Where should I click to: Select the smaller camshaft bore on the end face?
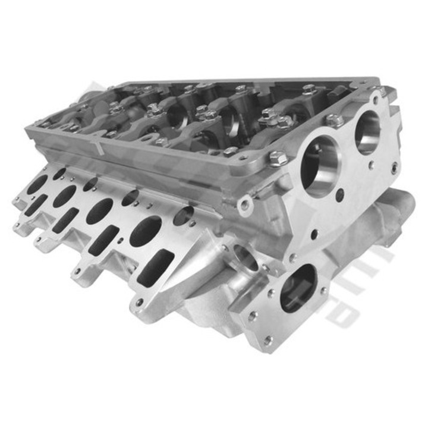(x=367, y=131)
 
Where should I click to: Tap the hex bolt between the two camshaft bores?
(x=334, y=121)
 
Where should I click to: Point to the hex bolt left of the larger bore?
(x=276, y=159)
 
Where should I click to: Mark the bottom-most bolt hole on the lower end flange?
(x=268, y=340)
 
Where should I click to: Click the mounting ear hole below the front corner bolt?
(x=244, y=205)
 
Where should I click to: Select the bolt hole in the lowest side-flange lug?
(x=139, y=303)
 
